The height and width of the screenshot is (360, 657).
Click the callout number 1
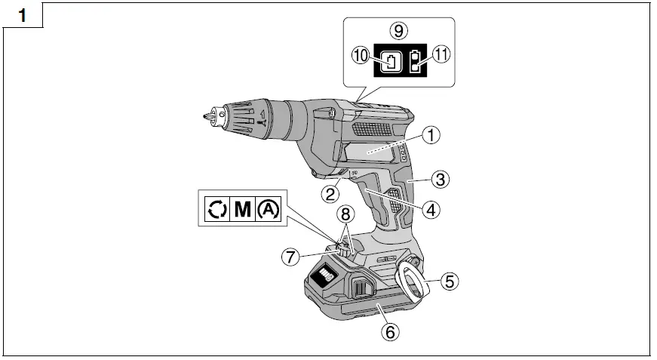click(x=431, y=136)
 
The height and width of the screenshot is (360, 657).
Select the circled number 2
click(x=330, y=194)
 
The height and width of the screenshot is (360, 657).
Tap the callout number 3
click(x=441, y=180)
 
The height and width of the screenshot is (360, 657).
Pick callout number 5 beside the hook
click(x=448, y=282)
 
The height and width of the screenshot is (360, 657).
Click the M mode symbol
click(x=243, y=209)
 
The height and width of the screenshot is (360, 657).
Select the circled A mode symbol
click(x=269, y=209)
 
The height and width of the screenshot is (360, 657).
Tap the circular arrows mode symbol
click(x=217, y=209)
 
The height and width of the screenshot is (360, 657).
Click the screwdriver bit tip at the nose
click(x=204, y=117)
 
